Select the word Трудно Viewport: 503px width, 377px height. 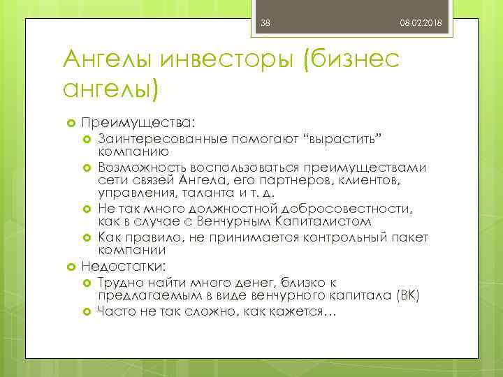point(120,282)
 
